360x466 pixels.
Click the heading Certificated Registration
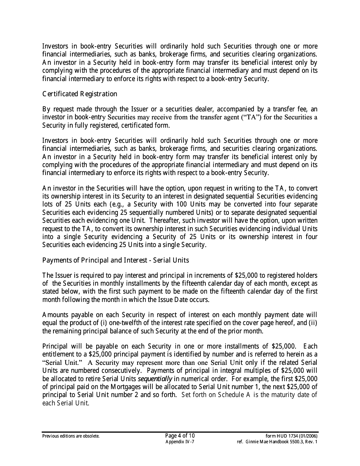point(80,94)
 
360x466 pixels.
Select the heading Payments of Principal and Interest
point(116,260)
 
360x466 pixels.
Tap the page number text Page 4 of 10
point(180,436)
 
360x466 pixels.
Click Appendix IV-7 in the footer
point(180,442)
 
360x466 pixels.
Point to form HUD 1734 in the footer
point(292,436)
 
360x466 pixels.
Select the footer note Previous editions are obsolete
point(71,436)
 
